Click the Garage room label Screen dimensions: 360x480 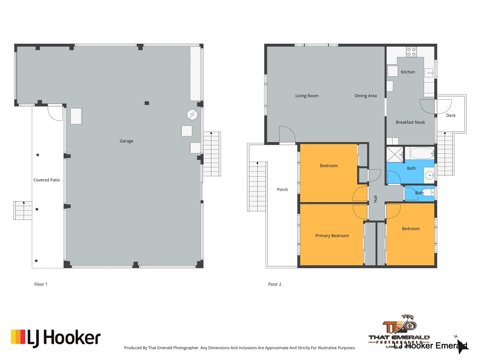tap(126, 141)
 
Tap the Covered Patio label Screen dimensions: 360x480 tap(47, 180)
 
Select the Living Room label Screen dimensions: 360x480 tap(307, 96)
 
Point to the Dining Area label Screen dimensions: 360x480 tap(366, 96)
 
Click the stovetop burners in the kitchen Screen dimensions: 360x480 tap(411, 52)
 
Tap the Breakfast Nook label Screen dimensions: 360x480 tap(410, 122)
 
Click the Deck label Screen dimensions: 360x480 tap(451, 115)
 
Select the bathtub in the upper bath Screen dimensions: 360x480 tap(422, 153)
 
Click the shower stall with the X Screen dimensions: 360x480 tap(395, 154)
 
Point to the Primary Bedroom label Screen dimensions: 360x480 tap(332, 236)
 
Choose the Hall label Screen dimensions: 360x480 tap(376, 199)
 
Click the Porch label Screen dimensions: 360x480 tap(282, 190)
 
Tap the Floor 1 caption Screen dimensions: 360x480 tap(41, 284)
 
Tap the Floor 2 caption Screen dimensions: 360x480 tap(275, 284)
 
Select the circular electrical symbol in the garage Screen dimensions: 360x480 tap(192, 115)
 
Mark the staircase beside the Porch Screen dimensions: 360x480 tap(257, 186)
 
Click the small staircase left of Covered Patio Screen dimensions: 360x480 tap(23, 210)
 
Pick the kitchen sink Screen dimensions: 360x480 tap(429, 73)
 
